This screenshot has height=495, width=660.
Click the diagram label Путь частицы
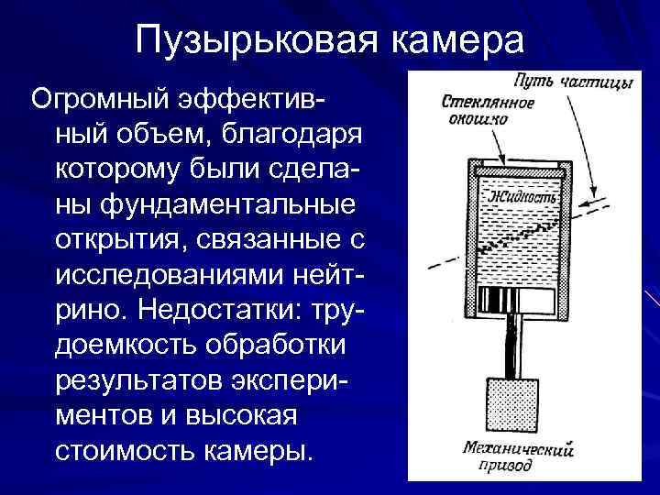[573, 82]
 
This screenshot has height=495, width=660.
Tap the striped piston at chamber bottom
[519, 299]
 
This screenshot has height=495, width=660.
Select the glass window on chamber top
[519, 170]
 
